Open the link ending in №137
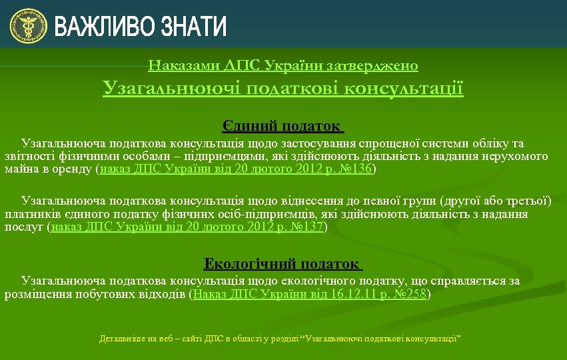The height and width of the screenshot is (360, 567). pos(187,227)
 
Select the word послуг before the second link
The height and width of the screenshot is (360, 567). pos(24,227)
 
